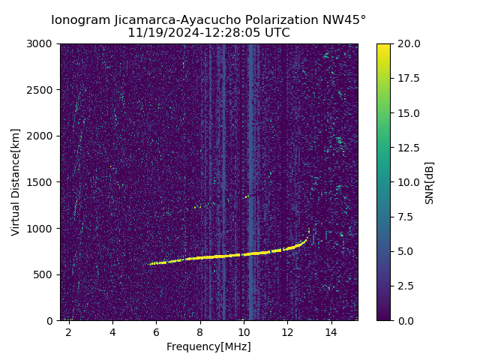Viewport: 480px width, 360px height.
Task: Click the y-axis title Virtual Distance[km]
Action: [16, 182]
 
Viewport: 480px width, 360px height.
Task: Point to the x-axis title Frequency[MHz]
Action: [208, 346]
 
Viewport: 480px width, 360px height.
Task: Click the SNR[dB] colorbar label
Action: [430, 182]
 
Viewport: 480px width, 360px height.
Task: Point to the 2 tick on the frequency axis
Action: [69, 332]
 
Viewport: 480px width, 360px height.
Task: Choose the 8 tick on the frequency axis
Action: [200, 332]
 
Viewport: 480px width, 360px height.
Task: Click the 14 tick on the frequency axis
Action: [331, 332]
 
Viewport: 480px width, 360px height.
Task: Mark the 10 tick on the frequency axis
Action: [244, 332]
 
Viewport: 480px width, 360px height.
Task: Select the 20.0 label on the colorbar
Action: [408, 44]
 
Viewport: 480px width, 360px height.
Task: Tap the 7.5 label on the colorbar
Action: [405, 217]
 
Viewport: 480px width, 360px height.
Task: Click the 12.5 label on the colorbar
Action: [408, 148]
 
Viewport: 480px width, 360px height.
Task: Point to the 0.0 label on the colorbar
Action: [405, 320]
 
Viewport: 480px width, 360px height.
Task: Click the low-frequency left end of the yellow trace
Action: [150, 264]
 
